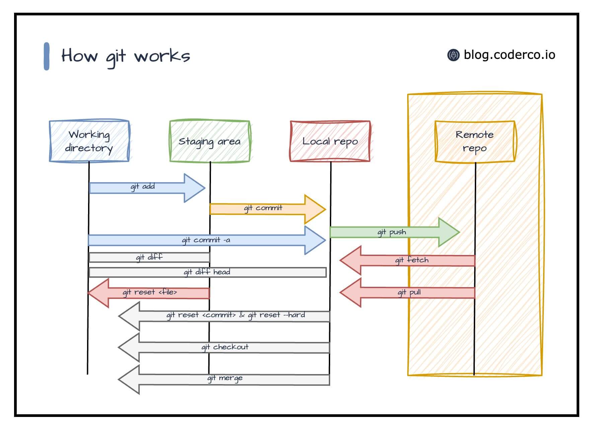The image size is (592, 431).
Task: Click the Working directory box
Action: tap(89, 141)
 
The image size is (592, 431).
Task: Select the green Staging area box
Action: tap(210, 141)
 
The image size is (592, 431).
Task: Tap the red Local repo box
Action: tap(330, 141)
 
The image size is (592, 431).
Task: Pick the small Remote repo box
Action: tap(474, 141)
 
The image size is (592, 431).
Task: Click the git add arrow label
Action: tap(143, 186)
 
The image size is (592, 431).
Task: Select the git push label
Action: tap(392, 232)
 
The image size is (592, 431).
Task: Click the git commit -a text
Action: tap(206, 240)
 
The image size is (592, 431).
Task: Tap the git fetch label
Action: tap(412, 260)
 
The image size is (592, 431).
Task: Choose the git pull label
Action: tap(409, 292)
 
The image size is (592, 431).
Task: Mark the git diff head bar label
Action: tap(207, 272)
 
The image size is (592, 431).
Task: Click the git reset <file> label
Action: tap(150, 292)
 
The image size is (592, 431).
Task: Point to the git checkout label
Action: tap(225, 347)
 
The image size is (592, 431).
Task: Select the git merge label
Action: tap(225, 378)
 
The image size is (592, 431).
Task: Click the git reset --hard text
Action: tap(277, 315)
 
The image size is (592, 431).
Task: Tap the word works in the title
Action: tap(162, 56)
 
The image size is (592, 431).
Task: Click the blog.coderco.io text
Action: tap(509, 55)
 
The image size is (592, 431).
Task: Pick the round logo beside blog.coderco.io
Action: tap(453, 55)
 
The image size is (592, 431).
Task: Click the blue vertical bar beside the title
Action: tap(47, 56)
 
